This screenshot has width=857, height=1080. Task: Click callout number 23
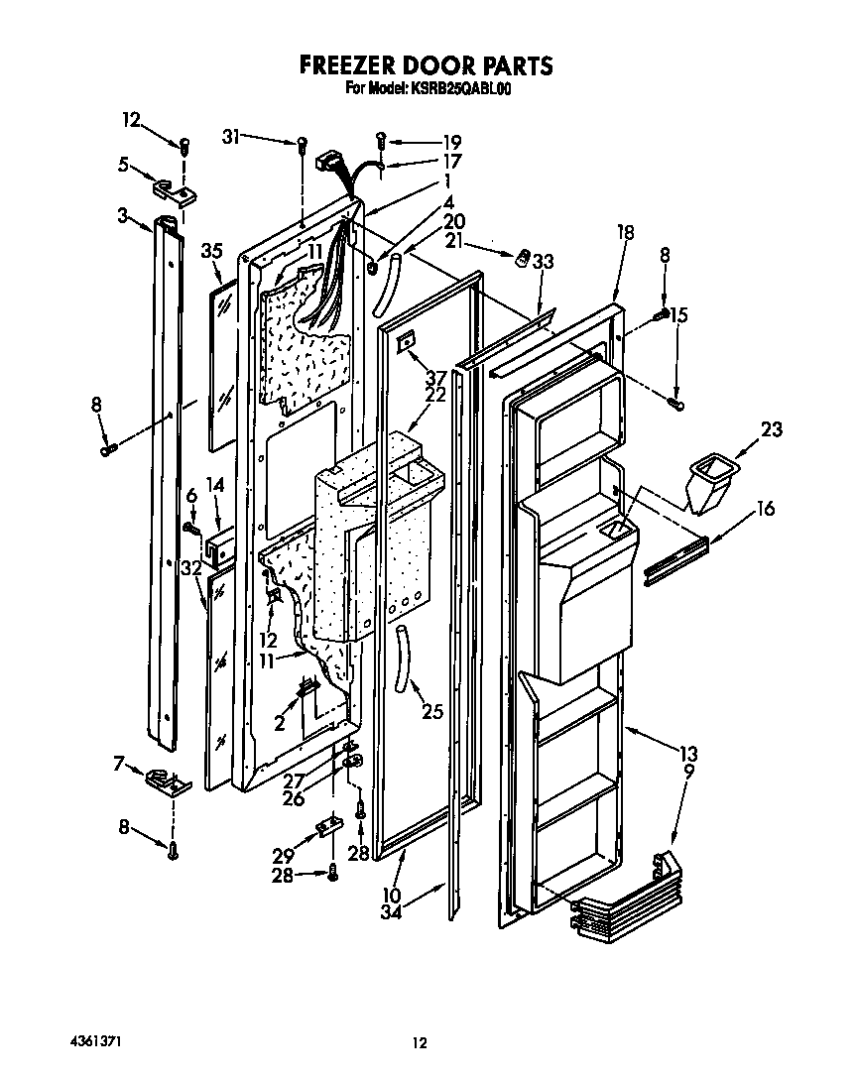click(771, 429)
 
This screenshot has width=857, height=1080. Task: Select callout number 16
click(764, 509)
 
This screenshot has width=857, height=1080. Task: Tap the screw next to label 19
click(382, 139)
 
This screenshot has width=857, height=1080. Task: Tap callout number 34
click(392, 913)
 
